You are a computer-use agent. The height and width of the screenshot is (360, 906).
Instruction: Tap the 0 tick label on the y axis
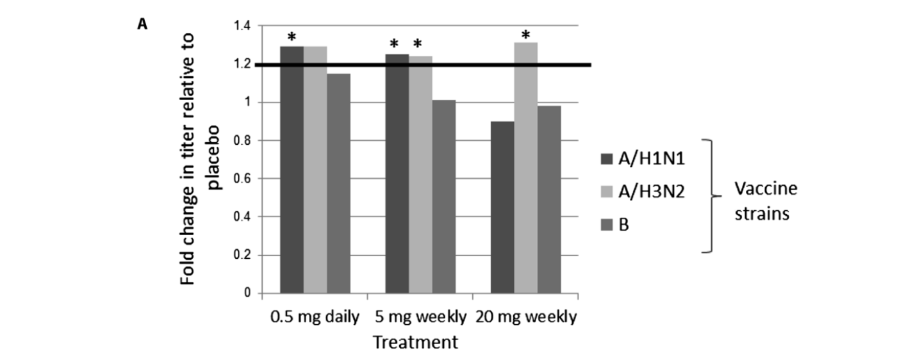pos(247,293)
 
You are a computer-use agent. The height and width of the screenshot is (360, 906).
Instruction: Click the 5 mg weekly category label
pos(420,317)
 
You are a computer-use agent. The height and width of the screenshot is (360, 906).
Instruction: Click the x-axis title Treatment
pos(416,342)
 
